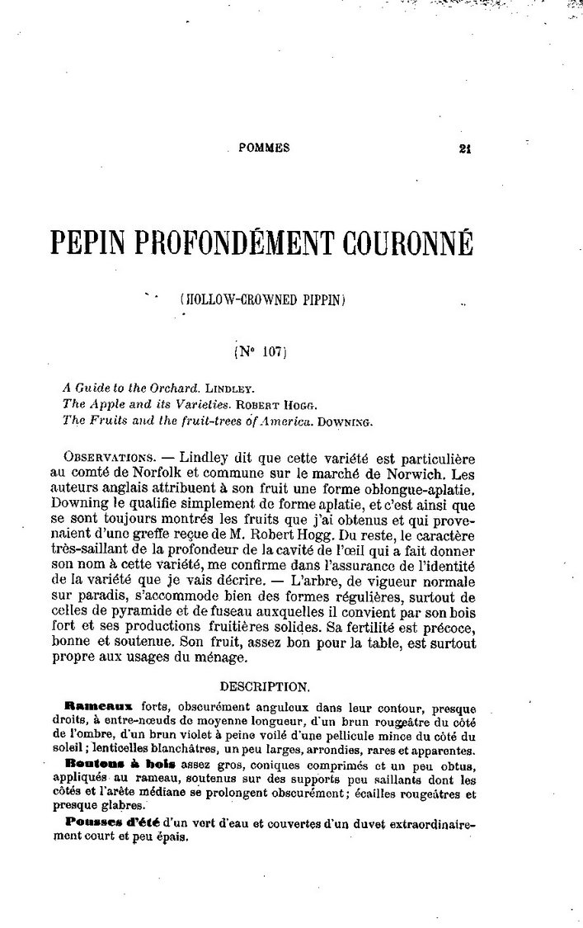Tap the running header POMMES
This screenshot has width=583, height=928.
263,148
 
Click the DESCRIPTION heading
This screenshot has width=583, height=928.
266,685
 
